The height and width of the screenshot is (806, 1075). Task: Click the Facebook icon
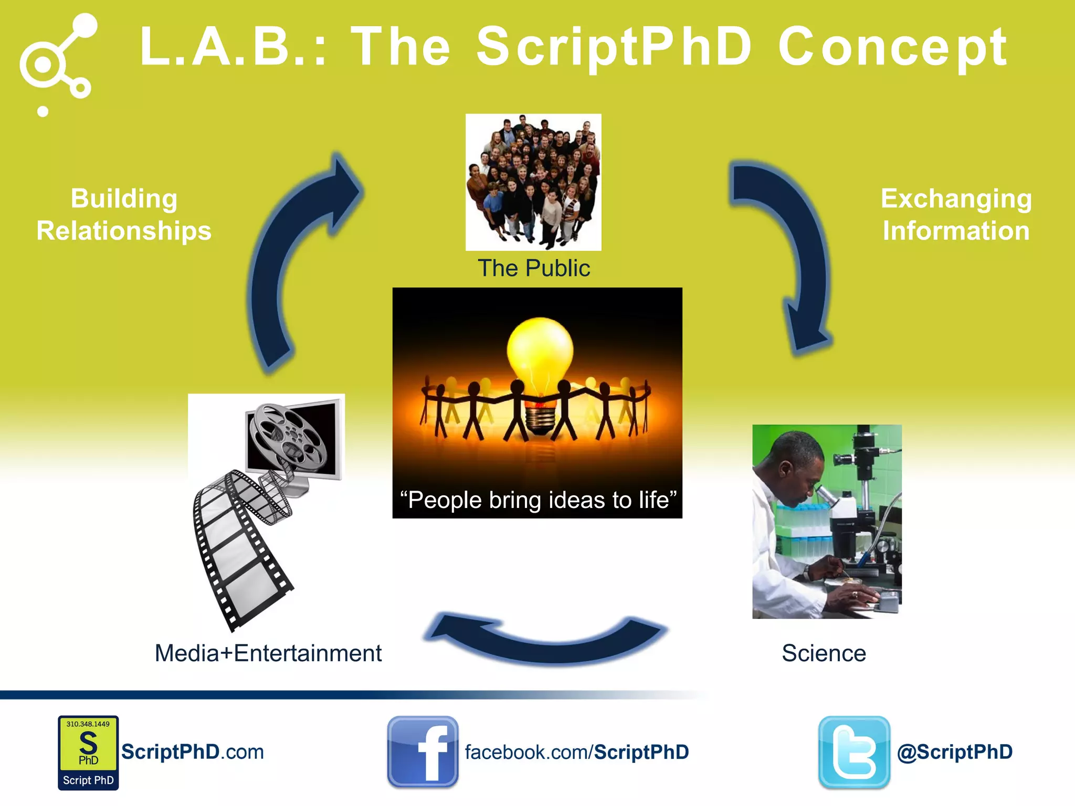click(x=423, y=751)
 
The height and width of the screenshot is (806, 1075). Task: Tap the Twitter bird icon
click(x=854, y=752)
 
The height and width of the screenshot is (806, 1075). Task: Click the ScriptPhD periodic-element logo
click(x=88, y=752)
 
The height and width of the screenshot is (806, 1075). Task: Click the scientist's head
click(x=790, y=462)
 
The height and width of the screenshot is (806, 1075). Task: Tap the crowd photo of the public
click(x=533, y=182)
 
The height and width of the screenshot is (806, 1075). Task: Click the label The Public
click(x=533, y=268)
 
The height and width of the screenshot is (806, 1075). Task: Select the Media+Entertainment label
click(x=268, y=653)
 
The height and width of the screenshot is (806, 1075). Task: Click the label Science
click(x=824, y=653)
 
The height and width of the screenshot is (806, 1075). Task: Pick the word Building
click(x=124, y=199)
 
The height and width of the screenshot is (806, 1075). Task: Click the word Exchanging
click(x=956, y=199)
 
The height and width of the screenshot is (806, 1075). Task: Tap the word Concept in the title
click(x=892, y=47)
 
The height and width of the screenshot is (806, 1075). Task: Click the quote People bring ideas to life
click(x=538, y=500)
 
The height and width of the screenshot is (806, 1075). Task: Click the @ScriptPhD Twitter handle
click(x=954, y=752)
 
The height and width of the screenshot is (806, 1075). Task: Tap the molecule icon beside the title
click(x=58, y=60)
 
